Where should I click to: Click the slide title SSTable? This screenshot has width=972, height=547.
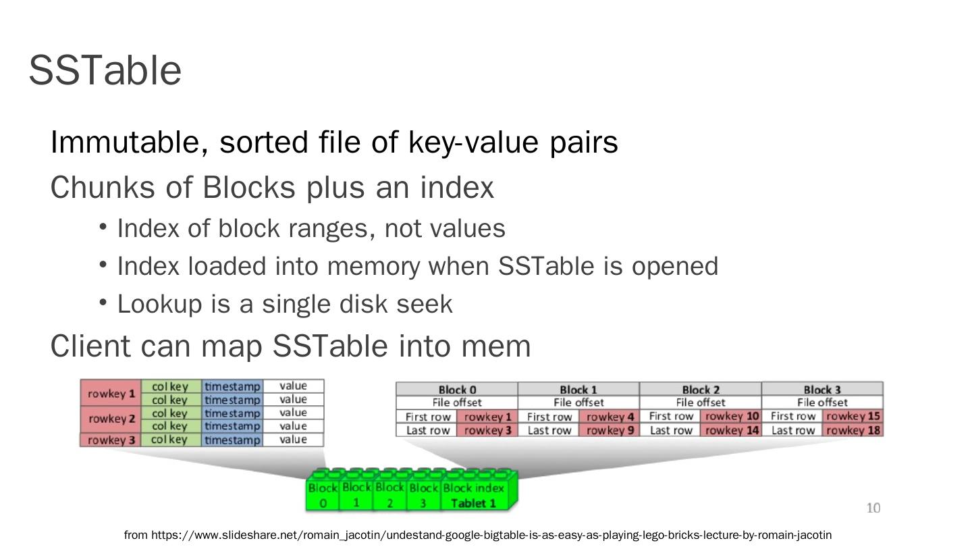click(x=105, y=70)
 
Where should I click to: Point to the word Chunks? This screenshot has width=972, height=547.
click(x=103, y=188)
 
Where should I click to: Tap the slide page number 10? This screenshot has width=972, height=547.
click(x=873, y=508)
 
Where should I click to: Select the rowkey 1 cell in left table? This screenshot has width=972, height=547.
click(x=111, y=393)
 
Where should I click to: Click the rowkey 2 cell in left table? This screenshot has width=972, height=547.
click(x=111, y=419)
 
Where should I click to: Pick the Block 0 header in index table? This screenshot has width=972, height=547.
click(x=457, y=390)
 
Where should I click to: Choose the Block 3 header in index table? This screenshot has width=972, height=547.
click(x=822, y=390)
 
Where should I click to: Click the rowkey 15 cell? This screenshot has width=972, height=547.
click(x=853, y=416)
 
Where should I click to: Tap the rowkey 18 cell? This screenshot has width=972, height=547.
click(x=853, y=430)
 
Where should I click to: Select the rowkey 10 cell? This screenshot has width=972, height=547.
click(x=732, y=416)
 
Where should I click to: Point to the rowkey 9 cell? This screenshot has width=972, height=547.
click(x=610, y=430)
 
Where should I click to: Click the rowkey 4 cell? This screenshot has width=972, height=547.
click(x=610, y=417)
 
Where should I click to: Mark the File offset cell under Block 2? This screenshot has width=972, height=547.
click(x=701, y=402)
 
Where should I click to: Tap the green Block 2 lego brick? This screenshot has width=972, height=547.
click(x=389, y=494)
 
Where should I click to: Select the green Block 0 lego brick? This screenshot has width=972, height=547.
click(x=323, y=494)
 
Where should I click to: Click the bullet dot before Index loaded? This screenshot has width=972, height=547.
click(x=103, y=265)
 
